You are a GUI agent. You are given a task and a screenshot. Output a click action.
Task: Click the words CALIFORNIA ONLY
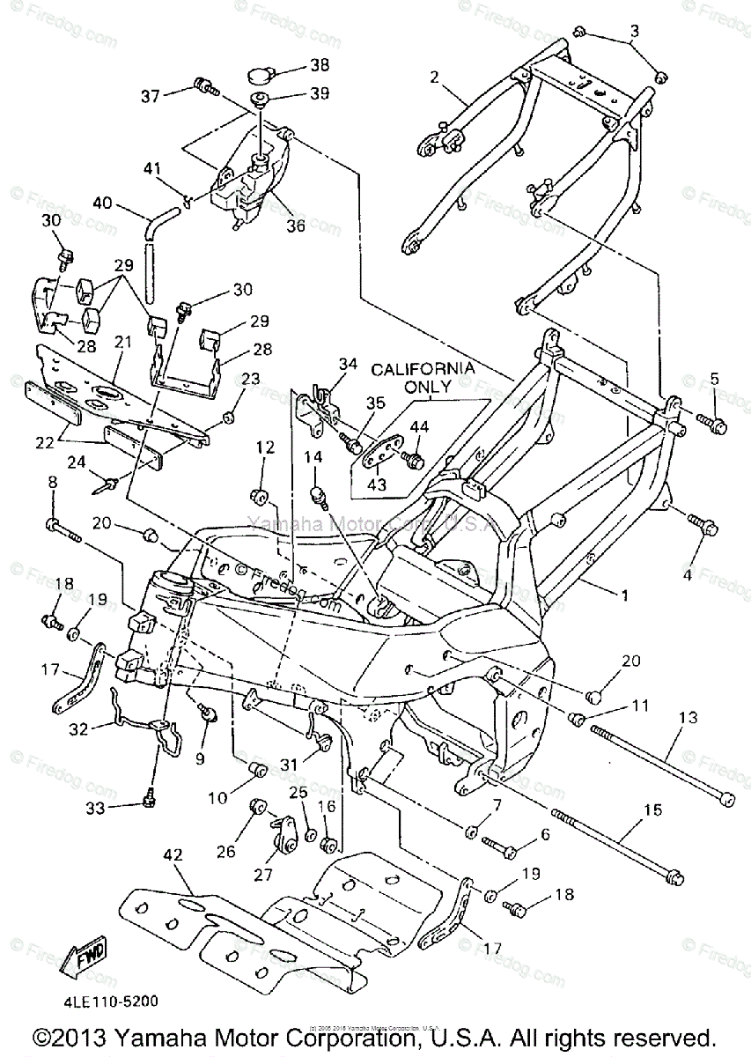pos(422,376)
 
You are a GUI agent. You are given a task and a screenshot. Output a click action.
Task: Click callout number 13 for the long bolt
pos(687,718)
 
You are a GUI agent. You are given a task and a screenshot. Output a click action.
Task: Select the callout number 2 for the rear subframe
pos(433,76)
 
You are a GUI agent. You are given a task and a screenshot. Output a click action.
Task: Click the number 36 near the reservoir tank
pos(295,225)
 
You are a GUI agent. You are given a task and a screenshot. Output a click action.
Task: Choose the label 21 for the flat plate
pos(121,340)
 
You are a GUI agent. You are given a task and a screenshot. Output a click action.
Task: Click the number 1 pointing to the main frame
pos(624,595)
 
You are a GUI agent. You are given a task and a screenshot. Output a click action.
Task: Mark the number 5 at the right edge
pos(714,379)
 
